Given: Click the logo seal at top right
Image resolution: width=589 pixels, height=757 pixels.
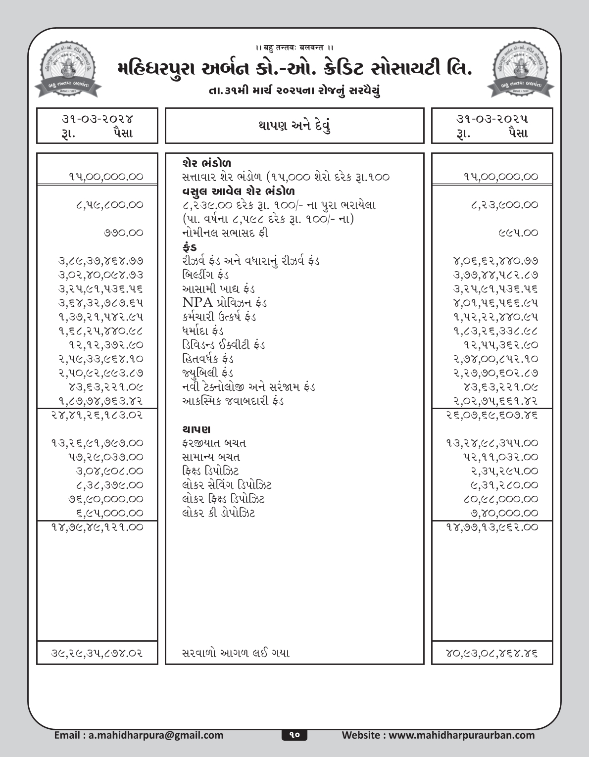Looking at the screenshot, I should [x=521, y=70].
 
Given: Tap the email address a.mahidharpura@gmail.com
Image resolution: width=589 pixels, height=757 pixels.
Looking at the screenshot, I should [x=139, y=735].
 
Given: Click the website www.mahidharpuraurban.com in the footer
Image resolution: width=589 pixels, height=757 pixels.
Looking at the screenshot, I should [x=439, y=735].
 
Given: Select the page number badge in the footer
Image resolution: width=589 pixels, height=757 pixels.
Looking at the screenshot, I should [x=294, y=735].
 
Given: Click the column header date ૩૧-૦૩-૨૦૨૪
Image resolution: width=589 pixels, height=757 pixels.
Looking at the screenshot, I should [x=97, y=119].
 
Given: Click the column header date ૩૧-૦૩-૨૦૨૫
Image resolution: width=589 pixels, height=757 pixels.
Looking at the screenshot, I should [x=492, y=119].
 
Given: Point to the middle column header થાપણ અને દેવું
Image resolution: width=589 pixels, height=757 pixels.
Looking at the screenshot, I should [x=294, y=126].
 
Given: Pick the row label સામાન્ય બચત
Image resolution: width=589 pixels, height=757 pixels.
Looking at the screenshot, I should [x=211, y=457].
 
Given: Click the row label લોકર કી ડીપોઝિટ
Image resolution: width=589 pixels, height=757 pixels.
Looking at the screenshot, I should [x=218, y=513].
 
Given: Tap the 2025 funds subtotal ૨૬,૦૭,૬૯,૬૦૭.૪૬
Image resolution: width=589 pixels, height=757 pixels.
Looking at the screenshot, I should [x=492, y=415].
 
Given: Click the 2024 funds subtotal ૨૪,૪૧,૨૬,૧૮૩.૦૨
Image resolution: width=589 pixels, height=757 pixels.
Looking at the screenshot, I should [x=97, y=415].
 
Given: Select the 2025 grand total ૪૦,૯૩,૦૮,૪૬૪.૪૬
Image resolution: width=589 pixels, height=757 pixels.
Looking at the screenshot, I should [x=492, y=653].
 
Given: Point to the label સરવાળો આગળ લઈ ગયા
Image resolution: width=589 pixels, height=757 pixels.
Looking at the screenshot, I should [x=236, y=653].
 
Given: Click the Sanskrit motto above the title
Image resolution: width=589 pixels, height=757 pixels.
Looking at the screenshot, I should [x=294, y=47].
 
